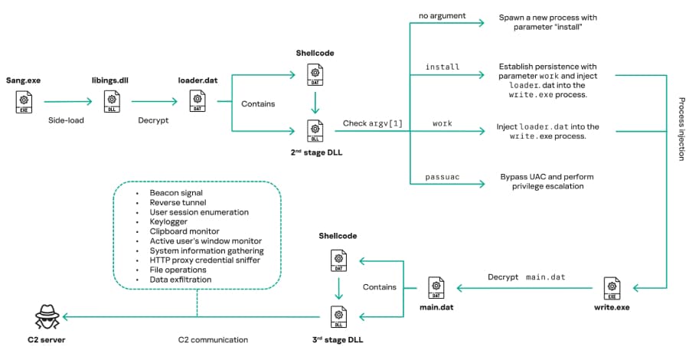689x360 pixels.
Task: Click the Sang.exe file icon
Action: (x=24, y=100)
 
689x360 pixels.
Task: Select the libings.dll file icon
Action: (x=112, y=100)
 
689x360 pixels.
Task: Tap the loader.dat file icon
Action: (x=197, y=100)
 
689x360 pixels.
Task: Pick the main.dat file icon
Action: (x=436, y=288)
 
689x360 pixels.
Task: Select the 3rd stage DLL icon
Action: (x=337, y=316)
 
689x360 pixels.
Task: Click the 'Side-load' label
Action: (x=67, y=120)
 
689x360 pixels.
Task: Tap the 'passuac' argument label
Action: (x=443, y=177)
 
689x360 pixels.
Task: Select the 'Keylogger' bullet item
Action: (x=169, y=221)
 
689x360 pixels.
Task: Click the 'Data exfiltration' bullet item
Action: (x=181, y=280)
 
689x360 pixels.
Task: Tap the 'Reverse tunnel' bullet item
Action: (x=177, y=201)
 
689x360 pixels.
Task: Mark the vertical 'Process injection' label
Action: (x=681, y=129)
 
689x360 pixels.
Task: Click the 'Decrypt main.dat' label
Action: (x=527, y=277)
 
